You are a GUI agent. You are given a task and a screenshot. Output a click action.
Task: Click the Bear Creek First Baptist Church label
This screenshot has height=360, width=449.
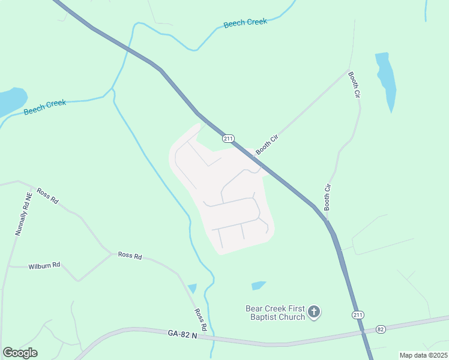[x=276, y=313]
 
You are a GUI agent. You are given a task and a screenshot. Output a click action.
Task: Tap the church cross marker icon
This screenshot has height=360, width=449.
[x=314, y=312]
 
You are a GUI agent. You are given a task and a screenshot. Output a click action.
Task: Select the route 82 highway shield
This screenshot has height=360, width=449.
[x=380, y=329]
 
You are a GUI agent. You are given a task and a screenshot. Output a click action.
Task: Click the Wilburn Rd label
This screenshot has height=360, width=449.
[x=44, y=265]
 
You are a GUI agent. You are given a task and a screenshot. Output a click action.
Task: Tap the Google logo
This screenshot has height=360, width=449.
[x=20, y=353]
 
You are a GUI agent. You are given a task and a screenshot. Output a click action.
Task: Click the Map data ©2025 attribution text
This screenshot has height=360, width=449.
[x=423, y=355]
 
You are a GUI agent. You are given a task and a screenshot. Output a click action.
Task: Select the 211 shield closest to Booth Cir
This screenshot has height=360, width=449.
[x=228, y=139]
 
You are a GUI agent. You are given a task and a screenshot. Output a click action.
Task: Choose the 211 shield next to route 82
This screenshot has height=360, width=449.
[x=358, y=314]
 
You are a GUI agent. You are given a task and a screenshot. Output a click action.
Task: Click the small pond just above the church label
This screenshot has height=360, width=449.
[x=258, y=286]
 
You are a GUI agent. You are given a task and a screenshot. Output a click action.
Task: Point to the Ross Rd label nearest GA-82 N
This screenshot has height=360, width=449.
[x=200, y=320]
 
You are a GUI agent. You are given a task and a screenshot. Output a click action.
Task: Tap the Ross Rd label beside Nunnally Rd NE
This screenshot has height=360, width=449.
[x=47, y=196]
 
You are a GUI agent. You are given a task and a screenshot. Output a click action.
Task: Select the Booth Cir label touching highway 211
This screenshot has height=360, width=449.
[x=268, y=145]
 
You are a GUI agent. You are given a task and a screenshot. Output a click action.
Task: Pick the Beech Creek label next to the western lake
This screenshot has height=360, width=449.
[x=45, y=107]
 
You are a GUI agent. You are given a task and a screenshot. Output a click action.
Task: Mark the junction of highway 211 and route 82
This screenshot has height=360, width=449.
[x=364, y=331]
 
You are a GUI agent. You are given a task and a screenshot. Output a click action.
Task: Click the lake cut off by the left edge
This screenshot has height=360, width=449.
[x=11, y=101]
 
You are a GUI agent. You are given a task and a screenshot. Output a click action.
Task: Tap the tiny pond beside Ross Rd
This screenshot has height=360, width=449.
[x=192, y=289]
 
